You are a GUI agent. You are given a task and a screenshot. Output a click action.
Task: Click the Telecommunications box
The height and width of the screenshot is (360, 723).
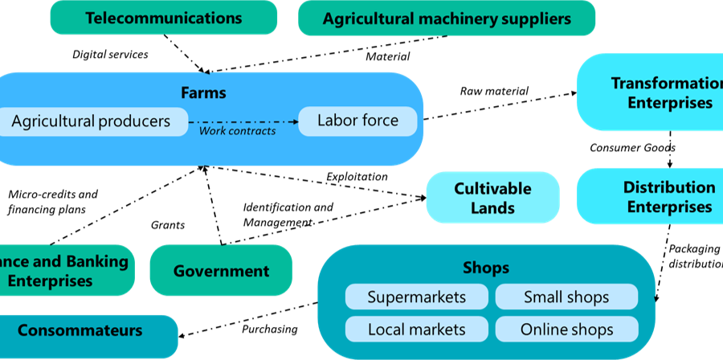[163, 18]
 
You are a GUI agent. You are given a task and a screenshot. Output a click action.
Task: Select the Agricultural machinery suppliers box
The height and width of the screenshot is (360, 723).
[447, 18]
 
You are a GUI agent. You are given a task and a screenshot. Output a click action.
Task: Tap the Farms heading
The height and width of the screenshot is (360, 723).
[203, 92]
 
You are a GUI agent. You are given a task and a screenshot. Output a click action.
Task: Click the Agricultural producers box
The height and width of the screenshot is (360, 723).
[92, 121]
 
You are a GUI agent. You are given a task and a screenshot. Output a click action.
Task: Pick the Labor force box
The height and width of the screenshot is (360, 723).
[358, 121]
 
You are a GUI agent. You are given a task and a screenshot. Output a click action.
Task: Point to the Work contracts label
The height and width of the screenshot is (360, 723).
[237, 131]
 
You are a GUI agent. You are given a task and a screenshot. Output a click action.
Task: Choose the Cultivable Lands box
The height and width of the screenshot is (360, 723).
[492, 198]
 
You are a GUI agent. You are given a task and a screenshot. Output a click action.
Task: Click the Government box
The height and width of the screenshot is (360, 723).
[221, 271]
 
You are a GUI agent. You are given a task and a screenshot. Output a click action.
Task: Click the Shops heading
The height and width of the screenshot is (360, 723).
[486, 268]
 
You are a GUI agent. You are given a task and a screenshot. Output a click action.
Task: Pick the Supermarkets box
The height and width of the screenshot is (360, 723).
[416, 297]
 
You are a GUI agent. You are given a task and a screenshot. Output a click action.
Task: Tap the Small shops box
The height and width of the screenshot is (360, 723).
[566, 297]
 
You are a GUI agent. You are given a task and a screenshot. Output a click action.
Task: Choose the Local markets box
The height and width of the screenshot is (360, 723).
[416, 329]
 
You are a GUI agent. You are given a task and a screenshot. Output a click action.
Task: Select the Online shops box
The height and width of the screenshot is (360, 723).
[566, 329]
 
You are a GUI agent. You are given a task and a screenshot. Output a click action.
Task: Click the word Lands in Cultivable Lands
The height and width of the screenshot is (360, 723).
[492, 208]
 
